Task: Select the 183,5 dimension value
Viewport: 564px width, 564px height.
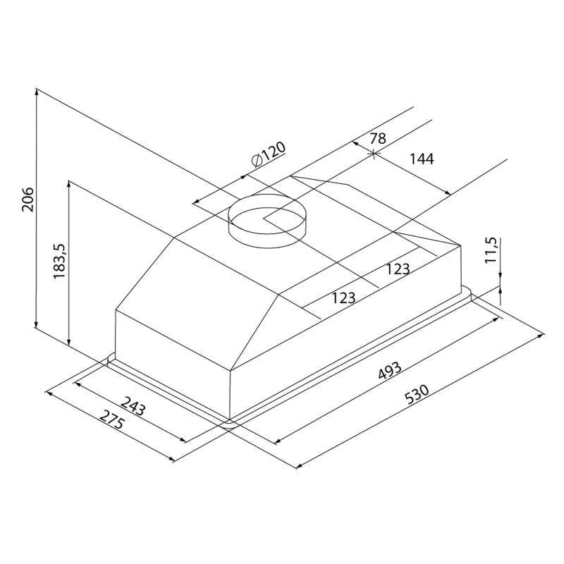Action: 59,260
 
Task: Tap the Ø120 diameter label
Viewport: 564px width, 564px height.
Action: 269,154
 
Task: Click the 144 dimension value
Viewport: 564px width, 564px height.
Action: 422,159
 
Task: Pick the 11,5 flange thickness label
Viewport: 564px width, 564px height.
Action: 490,250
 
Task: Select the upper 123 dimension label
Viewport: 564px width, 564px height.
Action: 398,269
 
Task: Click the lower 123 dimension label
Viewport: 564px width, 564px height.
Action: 343,298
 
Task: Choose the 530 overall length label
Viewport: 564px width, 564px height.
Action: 417,395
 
